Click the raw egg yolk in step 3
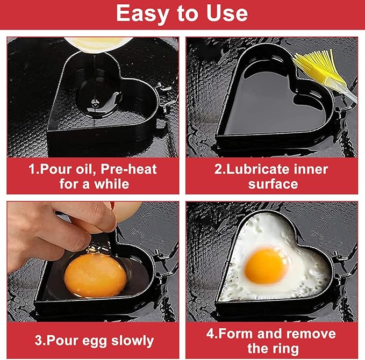tap(95, 275)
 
